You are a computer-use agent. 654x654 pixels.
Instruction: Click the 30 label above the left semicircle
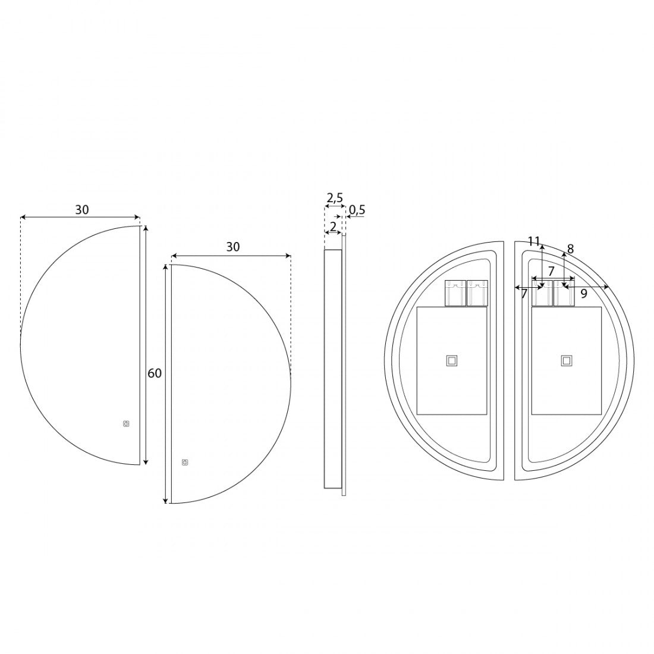pos(82,210)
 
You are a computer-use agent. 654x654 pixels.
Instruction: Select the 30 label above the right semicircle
pos(233,247)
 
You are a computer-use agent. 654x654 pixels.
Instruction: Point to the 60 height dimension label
pos(155,373)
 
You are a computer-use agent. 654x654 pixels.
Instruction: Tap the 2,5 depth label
pos(335,198)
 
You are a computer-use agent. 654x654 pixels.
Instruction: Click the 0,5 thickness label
pos(357,210)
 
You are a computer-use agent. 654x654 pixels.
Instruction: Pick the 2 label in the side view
pos(333,227)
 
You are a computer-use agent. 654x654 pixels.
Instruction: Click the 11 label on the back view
pos(534,241)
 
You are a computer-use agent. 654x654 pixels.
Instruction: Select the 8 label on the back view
pos(571,249)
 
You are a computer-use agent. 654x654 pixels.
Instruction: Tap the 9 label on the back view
pos(584,294)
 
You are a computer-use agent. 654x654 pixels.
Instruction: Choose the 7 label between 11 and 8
pos(551,271)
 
